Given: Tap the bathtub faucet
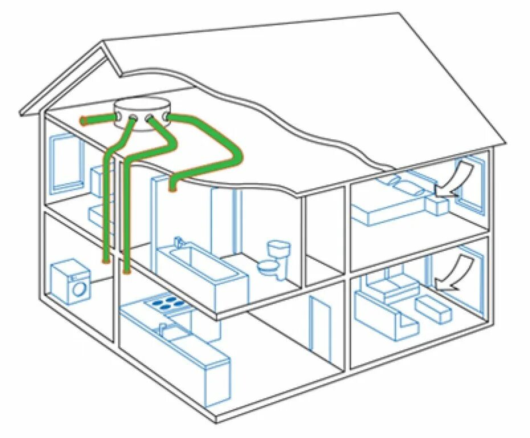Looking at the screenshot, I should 178,242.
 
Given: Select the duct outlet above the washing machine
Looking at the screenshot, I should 105,260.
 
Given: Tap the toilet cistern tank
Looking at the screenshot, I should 279,249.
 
